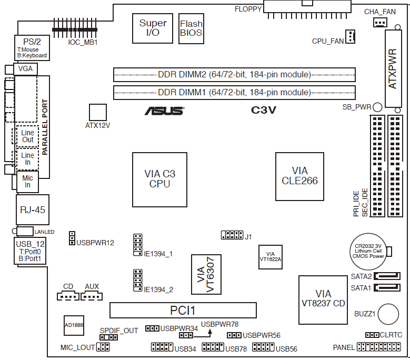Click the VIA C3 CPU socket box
[x=159, y=179]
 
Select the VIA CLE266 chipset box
[x=299, y=176]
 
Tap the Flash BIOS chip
[x=191, y=28]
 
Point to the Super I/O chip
[x=153, y=28]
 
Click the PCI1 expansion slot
[x=183, y=311]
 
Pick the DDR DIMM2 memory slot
[x=234, y=75]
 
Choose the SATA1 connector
[x=387, y=287]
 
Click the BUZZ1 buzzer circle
[x=388, y=314]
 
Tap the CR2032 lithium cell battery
[x=368, y=252]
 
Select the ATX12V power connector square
[x=98, y=113]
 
